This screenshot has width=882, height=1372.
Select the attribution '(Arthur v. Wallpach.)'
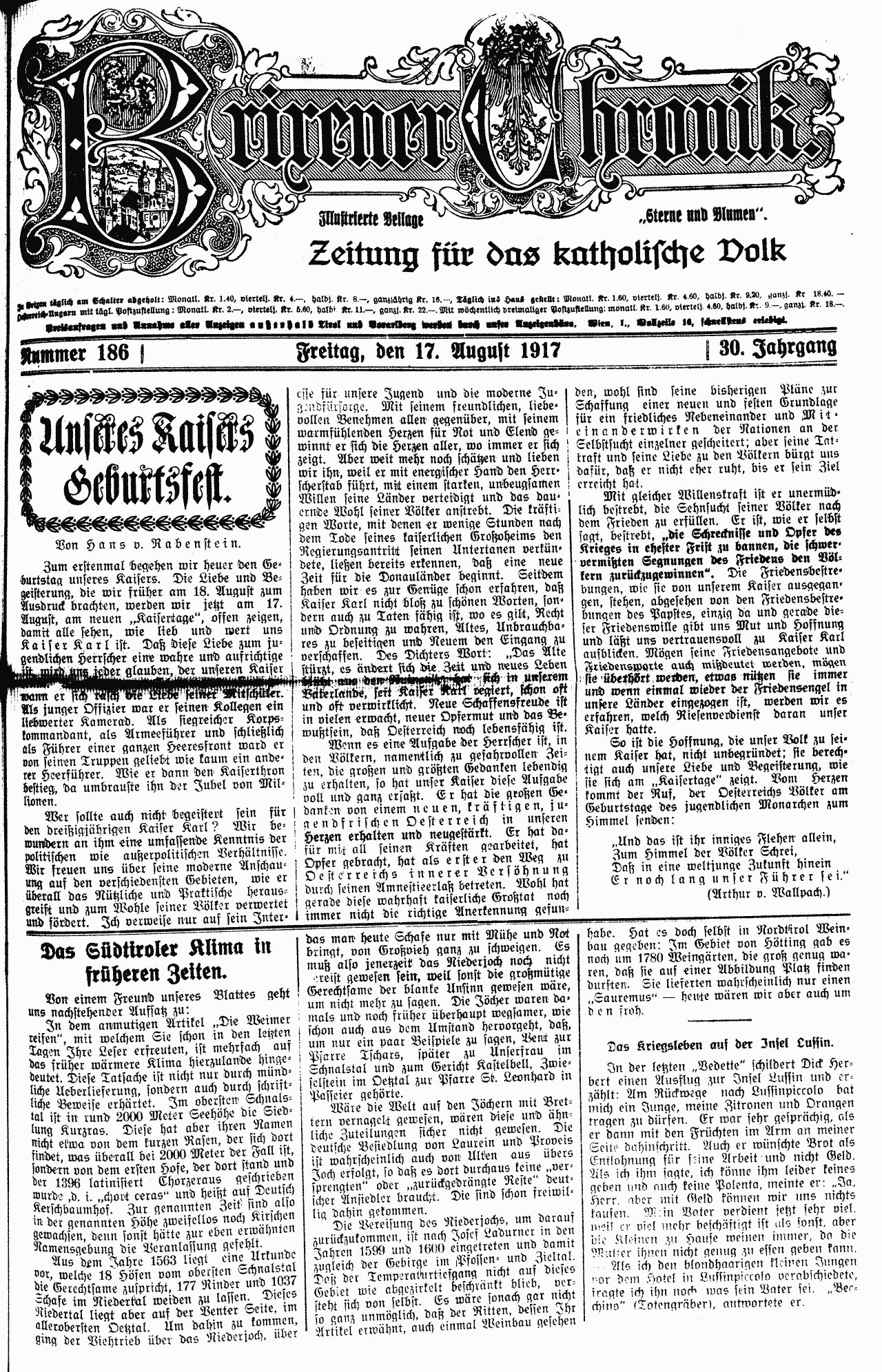[768, 892]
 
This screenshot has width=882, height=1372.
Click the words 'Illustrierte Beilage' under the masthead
[370, 220]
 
